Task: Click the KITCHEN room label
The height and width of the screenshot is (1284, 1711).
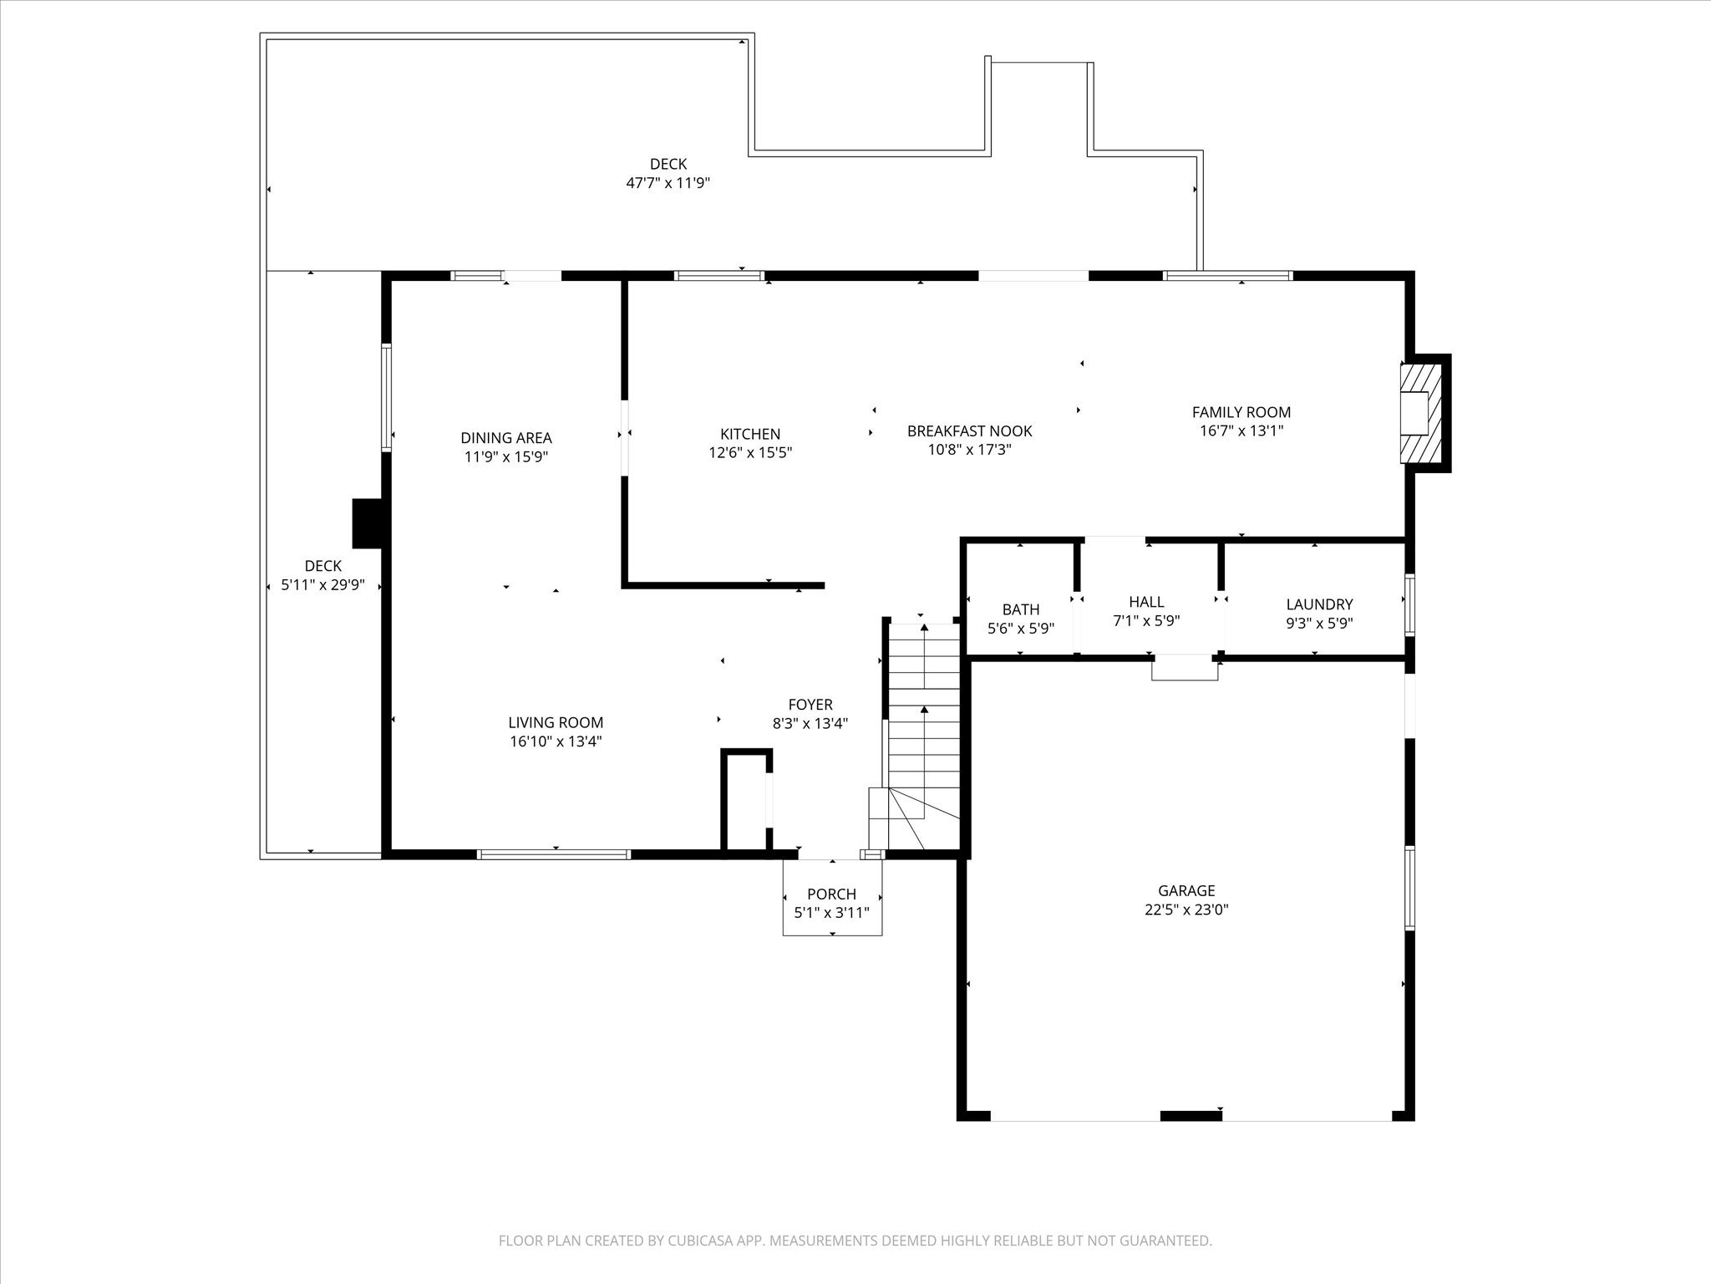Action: click(x=750, y=434)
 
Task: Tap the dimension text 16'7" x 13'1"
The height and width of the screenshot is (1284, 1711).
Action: click(x=1241, y=431)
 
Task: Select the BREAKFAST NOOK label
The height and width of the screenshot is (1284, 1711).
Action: click(x=969, y=431)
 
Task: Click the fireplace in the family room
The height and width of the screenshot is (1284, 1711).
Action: click(x=1420, y=412)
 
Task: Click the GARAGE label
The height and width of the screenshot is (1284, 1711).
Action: click(x=1186, y=890)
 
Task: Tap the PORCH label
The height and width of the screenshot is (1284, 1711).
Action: click(x=831, y=894)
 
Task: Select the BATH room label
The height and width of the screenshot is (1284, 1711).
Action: click(x=1020, y=609)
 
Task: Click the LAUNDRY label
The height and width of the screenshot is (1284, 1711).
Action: click(x=1318, y=604)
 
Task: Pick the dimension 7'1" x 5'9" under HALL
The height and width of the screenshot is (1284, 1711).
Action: click(x=1145, y=620)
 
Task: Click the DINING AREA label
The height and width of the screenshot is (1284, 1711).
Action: click(x=505, y=437)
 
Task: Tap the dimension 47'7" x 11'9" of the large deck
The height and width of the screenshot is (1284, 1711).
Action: click(x=668, y=182)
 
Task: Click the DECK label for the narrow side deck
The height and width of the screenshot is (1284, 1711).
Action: click(x=322, y=566)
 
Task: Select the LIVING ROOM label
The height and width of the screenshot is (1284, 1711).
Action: click(x=555, y=722)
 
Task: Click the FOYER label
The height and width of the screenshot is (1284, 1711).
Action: click(x=810, y=705)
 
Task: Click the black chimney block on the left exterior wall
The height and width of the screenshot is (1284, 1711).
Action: click(x=367, y=523)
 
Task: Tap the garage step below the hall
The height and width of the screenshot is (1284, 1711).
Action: click(x=1184, y=668)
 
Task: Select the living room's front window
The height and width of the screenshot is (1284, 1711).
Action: click(x=553, y=854)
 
